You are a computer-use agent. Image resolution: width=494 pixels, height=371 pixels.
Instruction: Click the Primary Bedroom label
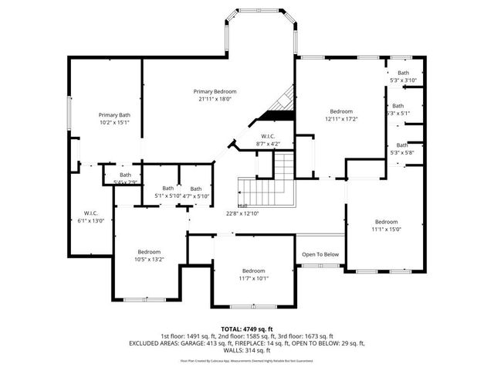coord(215,91)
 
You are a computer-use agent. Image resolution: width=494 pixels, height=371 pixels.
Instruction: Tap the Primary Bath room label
coord(113,115)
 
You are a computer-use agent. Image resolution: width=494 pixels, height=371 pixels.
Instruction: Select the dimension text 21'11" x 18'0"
coord(215,99)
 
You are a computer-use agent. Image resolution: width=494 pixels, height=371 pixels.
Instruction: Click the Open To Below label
coord(320,254)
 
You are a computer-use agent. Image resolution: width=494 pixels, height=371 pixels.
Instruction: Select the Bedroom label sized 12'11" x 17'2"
coord(341,111)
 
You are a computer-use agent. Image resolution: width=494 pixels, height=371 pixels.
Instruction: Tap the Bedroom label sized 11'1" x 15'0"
coord(385,222)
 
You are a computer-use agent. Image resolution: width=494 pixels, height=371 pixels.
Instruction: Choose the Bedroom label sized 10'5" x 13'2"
coord(149,252)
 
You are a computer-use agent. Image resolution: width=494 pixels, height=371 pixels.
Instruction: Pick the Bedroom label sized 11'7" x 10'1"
coord(253,271)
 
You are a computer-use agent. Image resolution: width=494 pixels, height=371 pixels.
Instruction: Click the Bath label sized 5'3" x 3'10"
coord(403,73)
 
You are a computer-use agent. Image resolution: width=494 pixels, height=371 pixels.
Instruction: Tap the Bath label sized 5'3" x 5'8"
coord(402,145)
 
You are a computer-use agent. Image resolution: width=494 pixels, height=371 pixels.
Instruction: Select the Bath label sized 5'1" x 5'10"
coord(167,189)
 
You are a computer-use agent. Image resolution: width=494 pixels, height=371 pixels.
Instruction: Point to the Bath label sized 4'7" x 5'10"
coord(196,189)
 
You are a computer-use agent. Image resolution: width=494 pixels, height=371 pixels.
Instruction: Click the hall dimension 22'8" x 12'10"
coord(242,213)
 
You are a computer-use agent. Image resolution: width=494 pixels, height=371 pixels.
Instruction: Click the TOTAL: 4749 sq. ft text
coord(247,328)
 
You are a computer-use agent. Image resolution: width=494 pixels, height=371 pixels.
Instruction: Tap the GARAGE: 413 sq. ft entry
coord(205,342)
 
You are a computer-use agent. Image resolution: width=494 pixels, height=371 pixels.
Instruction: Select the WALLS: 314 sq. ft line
coord(247,349)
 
